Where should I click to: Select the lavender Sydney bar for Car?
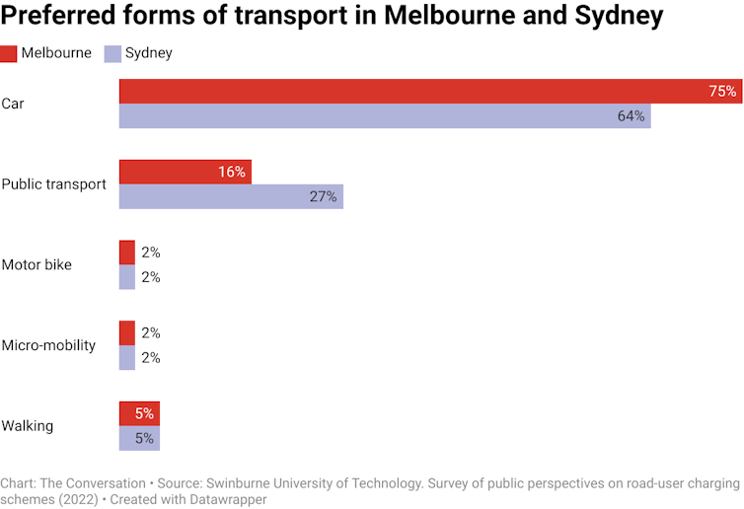385,116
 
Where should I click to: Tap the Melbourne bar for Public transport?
185,172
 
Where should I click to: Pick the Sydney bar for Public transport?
231,196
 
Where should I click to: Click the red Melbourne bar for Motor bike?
127,253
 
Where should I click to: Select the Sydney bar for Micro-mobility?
127,357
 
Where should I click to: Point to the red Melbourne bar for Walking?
139,414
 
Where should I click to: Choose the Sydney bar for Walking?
139,439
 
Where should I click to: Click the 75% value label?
722,92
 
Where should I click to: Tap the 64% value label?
632,116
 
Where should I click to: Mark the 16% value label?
232,172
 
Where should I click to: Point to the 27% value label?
324,196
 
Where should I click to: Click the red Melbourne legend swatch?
9,53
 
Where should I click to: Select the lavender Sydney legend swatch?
112,53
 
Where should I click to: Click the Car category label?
13,104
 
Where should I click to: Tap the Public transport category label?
53,184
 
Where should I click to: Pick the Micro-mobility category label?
48,345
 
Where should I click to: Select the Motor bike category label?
37,264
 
